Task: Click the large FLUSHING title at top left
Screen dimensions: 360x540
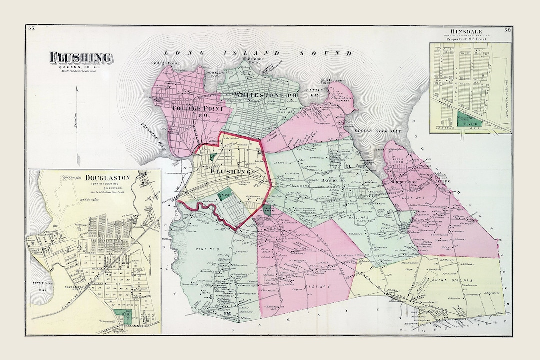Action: coord(80,58)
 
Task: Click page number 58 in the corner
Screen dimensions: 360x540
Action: coord(507,30)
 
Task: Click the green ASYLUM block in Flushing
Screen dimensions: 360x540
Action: coord(223,195)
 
